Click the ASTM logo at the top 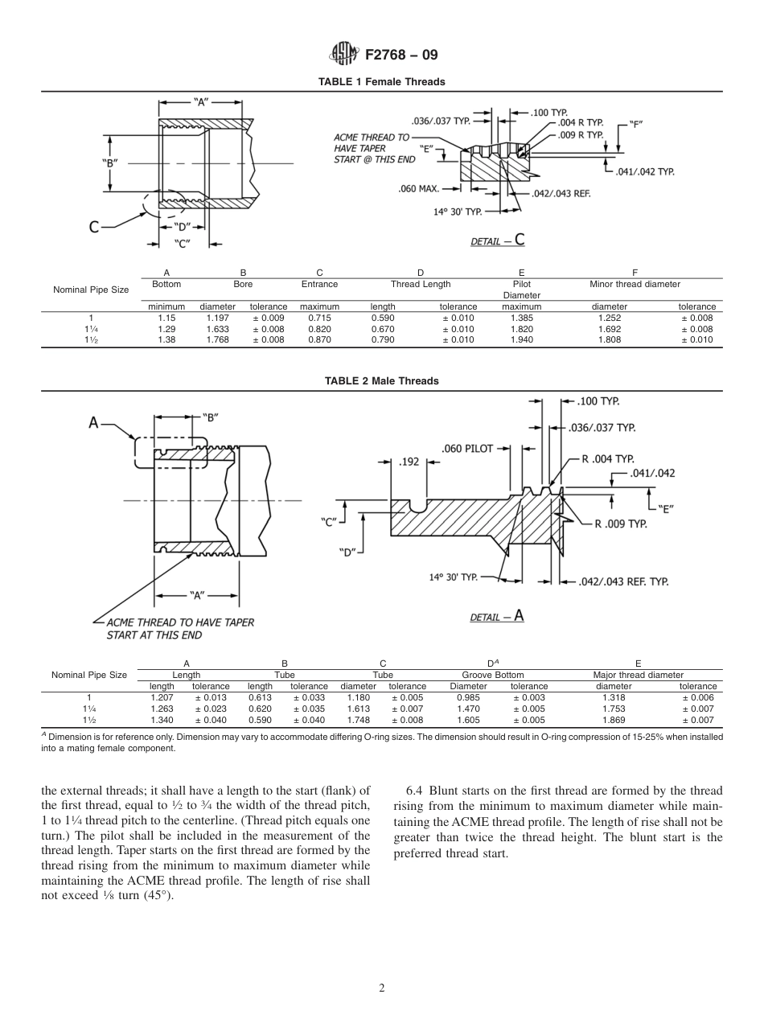(x=343, y=55)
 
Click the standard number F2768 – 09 (x=401, y=55)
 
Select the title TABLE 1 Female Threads (x=381, y=82)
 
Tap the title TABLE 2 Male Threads (x=381, y=380)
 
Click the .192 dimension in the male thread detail (x=409, y=462)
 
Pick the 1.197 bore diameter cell (x=217, y=318)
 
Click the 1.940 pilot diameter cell (x=521, y=340)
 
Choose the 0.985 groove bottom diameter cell (x=468, y=698)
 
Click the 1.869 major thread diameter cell (x=614, y=721)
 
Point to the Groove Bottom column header (x=492, y=675)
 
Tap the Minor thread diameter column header (x=635, y=284)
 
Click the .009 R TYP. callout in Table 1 (x=581, y=135)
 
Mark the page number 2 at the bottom (x=382, y=988)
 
